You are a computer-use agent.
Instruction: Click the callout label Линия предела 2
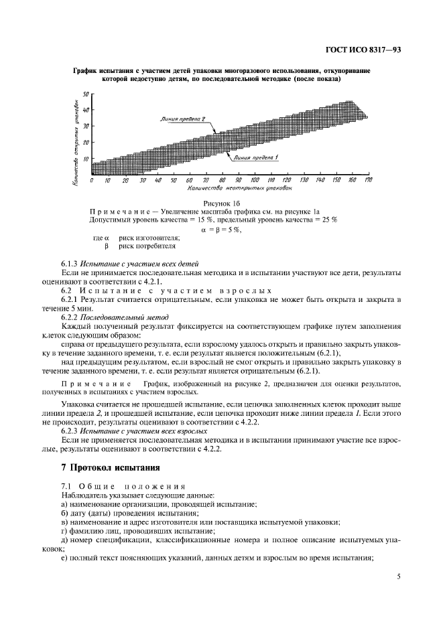coord(182,119)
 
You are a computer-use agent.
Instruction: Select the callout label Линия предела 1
coord(255,157)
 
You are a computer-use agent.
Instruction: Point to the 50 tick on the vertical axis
coord(86,94)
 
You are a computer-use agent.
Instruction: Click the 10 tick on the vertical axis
coord(86,159)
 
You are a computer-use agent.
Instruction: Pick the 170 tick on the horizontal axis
coord(368,180)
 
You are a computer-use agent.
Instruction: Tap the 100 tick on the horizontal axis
coord(255,180)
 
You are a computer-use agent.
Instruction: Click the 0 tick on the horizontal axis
coord(92,180)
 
